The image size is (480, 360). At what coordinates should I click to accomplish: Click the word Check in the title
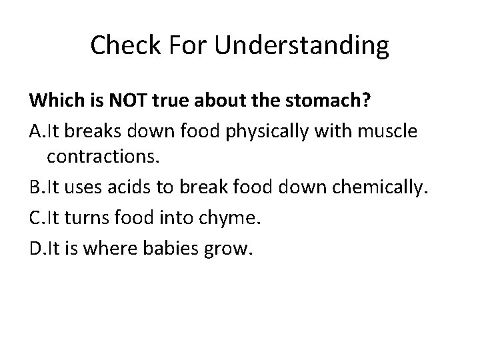(x=121, y=45)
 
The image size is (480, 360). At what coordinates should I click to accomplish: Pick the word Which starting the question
(x=53, y=102)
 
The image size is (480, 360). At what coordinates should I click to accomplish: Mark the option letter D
(x=36, y=249)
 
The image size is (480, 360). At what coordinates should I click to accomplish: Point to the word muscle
(x=394, y=131)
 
